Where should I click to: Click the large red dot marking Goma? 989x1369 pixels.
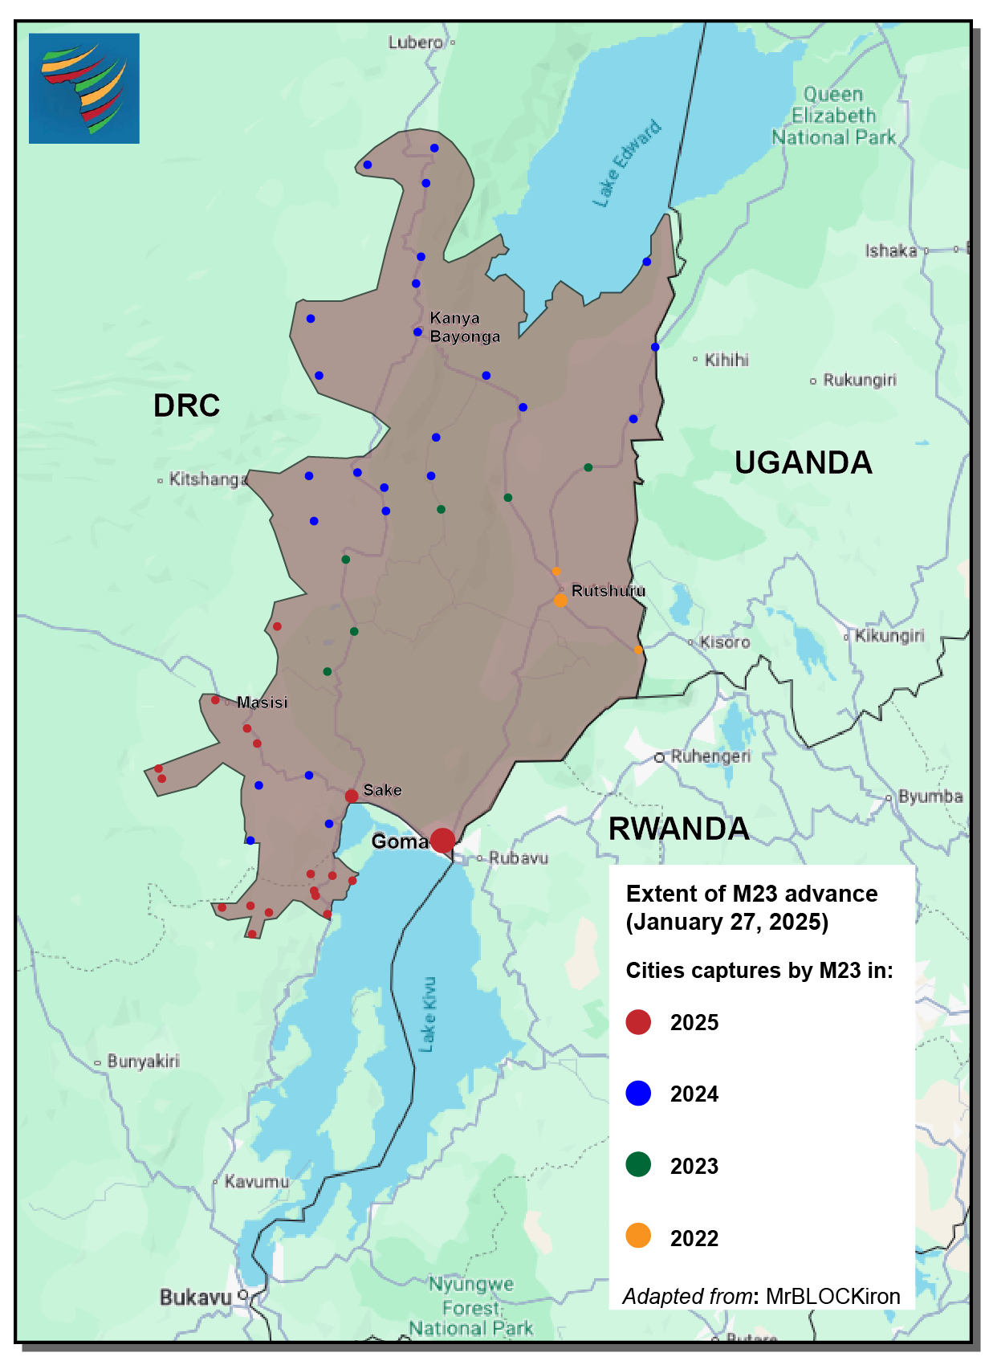(x=442, y=841)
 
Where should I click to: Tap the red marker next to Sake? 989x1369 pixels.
(x=352, y=796)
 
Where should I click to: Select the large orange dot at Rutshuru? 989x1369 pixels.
(x=560, y=600)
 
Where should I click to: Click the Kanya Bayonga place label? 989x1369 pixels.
(x=465, y=328)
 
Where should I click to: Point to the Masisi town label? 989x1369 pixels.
(x=262, y=703)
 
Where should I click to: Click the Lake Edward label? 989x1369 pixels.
(x=627, y=164)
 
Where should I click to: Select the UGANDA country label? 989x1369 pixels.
(x=803, y=462)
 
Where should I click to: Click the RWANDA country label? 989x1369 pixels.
(x=678, y=829)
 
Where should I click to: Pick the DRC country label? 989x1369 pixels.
(x=186, y=405)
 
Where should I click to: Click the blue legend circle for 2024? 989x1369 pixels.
(x=638, y=1094)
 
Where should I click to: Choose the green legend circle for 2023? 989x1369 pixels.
(x=638, y=1165)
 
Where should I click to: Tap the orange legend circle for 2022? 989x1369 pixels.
(x=638, y=1237)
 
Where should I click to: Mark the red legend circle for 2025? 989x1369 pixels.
(x=638, y=1022)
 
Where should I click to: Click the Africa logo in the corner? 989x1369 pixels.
(x=84, y=88)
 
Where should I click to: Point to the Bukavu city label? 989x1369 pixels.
(x=196, y=1298)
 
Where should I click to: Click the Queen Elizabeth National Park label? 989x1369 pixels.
(x=833, y=116)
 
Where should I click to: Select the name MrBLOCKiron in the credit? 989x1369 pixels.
(x=832, y=1297)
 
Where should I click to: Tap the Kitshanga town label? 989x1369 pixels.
(x=208, y=479)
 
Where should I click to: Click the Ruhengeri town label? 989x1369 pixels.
(x=710, y=756)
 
